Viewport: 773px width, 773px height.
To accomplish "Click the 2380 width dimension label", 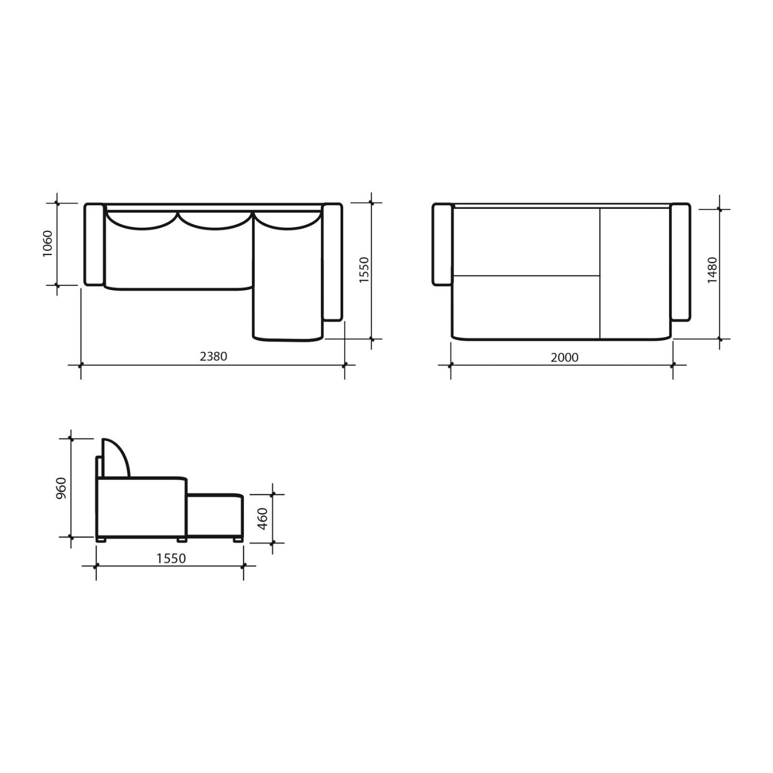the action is pyautogui.click(x=213, y=356).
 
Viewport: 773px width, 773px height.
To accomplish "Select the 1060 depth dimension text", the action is pyautogui.click(x=47, y=243).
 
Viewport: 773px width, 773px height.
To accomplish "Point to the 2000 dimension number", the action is pyautogui.click(x=564, y=357).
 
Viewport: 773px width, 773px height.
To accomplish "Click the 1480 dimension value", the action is pyautogui.click(x=712, y=270).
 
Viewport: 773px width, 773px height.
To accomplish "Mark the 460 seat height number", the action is pyautogui.click(x=262, y=519).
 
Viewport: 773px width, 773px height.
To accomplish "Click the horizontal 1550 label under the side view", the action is pyautogui.click(x=171, y=558).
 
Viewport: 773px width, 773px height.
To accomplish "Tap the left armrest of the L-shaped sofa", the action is pyautogui.click(x=94, y=244).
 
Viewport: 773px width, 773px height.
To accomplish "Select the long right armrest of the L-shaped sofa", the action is pyautogui.click(x=332, y=262).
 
